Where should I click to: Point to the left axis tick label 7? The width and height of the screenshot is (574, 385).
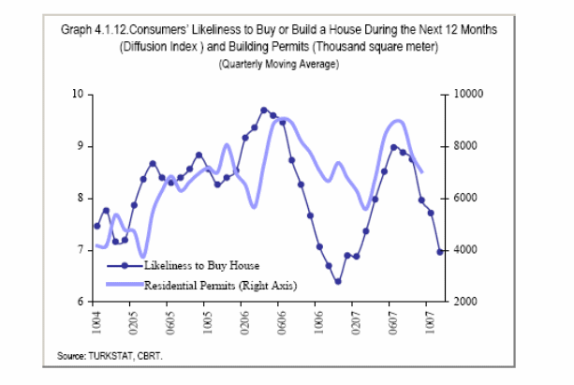pyautogui.click(x=81, y=250)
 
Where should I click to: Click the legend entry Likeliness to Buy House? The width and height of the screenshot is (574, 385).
pyautogui.click(x=201, y=266)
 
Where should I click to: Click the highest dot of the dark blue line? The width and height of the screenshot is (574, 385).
pyautogui.click(x=264, y=111)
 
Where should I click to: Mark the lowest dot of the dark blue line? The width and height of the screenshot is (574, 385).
pyautogui.click(x=338, y=281)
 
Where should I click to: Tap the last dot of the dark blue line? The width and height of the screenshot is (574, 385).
pyautogui.click(x=440, y=251)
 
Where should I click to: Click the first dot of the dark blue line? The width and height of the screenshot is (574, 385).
pyautogui.click(x=97, y=226)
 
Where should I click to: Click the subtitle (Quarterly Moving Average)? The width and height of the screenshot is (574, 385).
pyautogui.click(x=278, y=64)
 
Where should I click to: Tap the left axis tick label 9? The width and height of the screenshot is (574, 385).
pyautogui.click(x=81, y=146)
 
